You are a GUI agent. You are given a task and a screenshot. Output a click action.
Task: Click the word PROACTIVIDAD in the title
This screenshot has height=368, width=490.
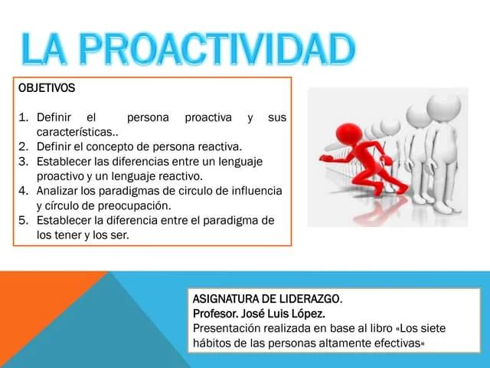click(217, 49)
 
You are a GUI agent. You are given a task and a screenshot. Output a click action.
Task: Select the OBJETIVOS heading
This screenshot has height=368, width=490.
click(47, 88)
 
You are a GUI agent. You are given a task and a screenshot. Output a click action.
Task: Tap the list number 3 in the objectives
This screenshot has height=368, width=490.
click(23, 162)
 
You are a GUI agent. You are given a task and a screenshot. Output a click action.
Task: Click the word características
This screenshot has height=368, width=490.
click(74, 132)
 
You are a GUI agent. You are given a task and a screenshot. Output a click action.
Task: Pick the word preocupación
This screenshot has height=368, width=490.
click(134, 206)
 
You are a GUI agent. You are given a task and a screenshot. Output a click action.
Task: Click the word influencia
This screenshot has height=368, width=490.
click(256, 191)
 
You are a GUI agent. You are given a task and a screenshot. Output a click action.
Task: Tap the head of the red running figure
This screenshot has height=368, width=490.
click(349, 134)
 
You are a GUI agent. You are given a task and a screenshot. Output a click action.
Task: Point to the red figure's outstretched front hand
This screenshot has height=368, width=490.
click(325, 158)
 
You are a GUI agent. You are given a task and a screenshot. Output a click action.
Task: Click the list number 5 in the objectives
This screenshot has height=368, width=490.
click(23, 220)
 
